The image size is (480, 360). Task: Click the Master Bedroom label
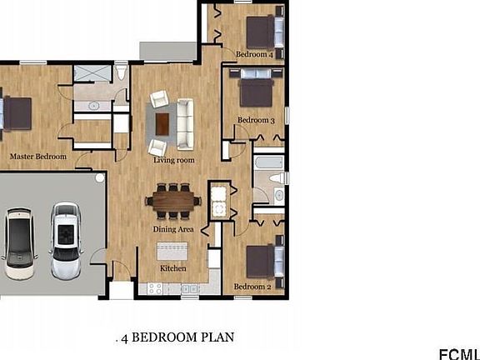coord(38,157)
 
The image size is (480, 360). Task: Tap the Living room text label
coord(174,160)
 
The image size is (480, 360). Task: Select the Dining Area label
coord(173,229)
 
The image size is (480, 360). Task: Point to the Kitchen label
coord(173,268)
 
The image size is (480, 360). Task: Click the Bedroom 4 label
coord(254,54)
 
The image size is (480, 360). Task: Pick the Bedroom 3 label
coord(256,120)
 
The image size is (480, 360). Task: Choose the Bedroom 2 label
coord(252,287)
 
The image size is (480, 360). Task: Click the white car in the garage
coord(66,240)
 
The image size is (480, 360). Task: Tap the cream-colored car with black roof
coord(20,243)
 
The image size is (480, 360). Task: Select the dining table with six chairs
coord(173,201)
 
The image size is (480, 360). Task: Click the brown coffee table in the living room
coord(162,124)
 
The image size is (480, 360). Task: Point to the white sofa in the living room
coord(185,124)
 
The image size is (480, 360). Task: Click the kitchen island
coord(172,251)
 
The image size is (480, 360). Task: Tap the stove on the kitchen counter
coord(155,288)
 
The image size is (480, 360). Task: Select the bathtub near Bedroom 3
coord(269,162)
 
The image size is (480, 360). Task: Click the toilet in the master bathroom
coord(121,72)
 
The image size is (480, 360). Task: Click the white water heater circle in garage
coord(100,177)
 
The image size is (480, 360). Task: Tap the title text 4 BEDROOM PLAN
coord(177,337)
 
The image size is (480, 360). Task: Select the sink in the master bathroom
coord(93,106)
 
